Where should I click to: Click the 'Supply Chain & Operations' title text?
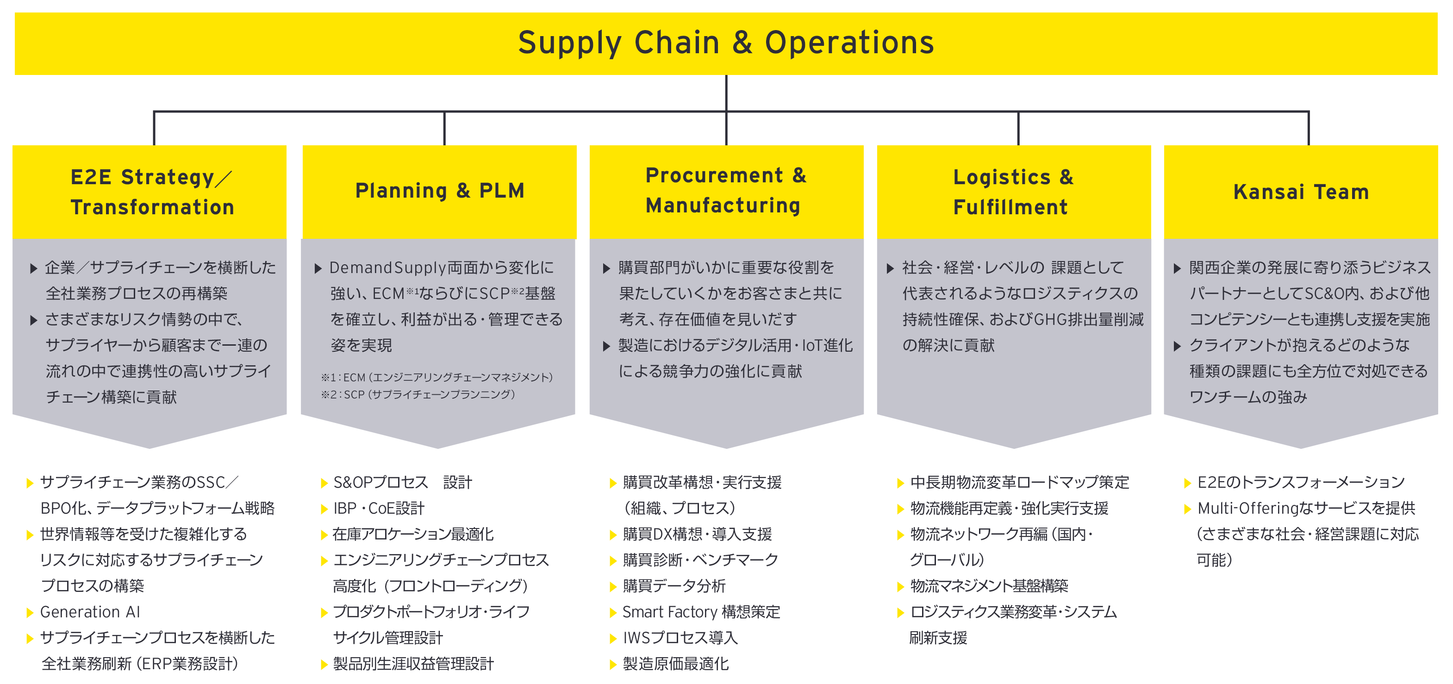pyautogui.click(x=726, y=44)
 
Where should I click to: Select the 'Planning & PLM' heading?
pyautogui.click(x=440, y=191)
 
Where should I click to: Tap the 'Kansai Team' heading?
pyautogui.click(x=1301, y=192)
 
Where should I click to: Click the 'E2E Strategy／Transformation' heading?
pyautogui.click(x=152, y=192)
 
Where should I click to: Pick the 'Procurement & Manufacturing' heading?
pyautogui.click(x=726, y=191)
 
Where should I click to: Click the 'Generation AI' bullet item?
pyautogui.click(x=90, y=612)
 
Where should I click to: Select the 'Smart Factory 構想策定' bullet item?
pyautogui.click(x=701, y=612)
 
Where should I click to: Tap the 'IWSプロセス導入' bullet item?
pyautogui.click(x=680, y=638)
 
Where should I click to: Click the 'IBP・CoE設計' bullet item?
pyautogui.click(x=379, y=508)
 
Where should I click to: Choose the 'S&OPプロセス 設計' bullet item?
pyautogui.click(x=403, y=482)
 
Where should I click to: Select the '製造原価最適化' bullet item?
pyautogui.click(x=676, y=664)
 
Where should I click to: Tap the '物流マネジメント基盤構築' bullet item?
pyautogui.click(x=989, y=586)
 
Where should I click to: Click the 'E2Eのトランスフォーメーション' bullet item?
pyautogui.click(x=1301, y=482)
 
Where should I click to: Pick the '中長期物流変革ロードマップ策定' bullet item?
pyautogui.click(x=1020, y=482)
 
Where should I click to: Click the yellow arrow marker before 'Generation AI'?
pyautogui.click(x=30, y=612)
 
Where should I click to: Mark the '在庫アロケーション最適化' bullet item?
pyautogui.click(x=413, y=534)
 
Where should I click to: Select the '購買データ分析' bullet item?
pyautogui.click(x=674, y=586)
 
